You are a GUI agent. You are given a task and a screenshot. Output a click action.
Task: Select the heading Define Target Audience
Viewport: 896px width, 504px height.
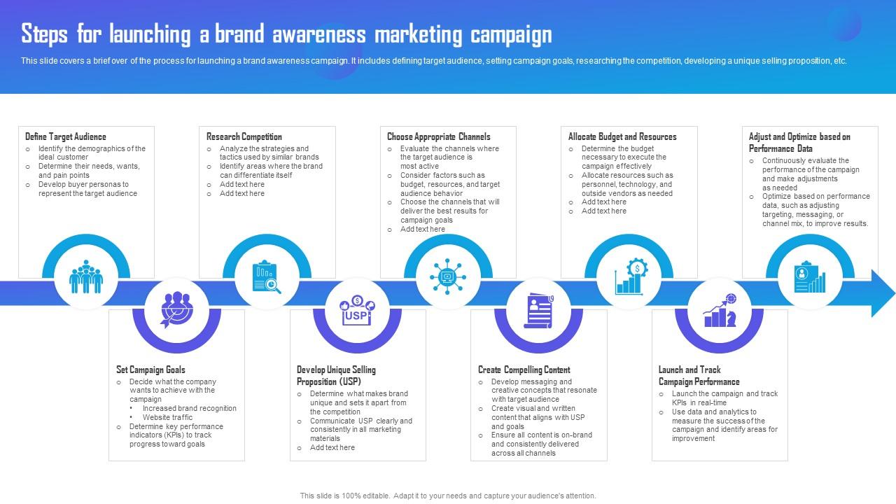[x=66, y=136]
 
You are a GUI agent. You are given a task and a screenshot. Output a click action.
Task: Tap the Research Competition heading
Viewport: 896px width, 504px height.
[x=244, y=136]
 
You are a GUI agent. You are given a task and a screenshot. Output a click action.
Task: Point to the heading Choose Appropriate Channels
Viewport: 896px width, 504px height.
[x=439, y=136]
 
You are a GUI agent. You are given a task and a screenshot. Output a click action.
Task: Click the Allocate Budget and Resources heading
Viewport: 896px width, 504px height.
[x=622, y=136]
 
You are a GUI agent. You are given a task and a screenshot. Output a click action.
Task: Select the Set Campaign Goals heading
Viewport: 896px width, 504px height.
[x=150, y=370]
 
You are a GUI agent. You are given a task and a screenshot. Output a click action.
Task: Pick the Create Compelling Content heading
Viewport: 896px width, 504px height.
[x=524, y=370]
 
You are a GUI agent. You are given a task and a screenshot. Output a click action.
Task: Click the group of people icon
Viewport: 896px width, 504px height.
[x=86, y=277]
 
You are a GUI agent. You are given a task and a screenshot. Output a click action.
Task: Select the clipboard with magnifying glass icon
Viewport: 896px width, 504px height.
[x=267, y=277]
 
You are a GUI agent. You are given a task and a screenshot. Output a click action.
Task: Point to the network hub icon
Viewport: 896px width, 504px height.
[x=448, y=277]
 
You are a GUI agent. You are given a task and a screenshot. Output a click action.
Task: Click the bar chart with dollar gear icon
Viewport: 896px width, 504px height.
[x=629, y=277]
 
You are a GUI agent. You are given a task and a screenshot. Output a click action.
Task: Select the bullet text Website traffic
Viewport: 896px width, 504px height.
[x=167, y=417]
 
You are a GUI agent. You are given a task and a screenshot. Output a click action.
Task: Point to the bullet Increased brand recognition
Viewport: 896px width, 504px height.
[x=190, y=408]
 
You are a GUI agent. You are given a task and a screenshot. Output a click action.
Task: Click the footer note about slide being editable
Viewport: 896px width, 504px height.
[x=448, y=496]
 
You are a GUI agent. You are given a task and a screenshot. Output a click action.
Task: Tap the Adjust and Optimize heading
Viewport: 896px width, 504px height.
[x=799, y=142]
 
